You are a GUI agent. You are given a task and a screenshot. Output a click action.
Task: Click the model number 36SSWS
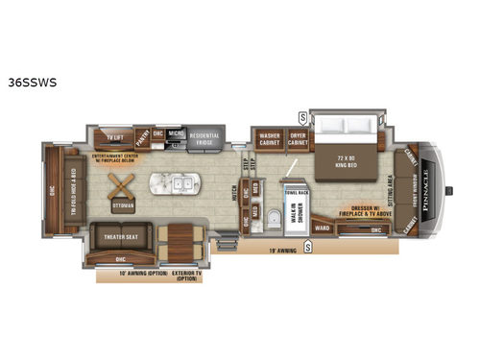point(41,82)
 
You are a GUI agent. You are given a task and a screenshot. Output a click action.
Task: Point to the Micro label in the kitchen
point(176,135)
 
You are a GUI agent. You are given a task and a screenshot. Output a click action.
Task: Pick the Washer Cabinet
point(270,139)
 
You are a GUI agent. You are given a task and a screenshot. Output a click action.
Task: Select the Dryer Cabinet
point(296,139)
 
